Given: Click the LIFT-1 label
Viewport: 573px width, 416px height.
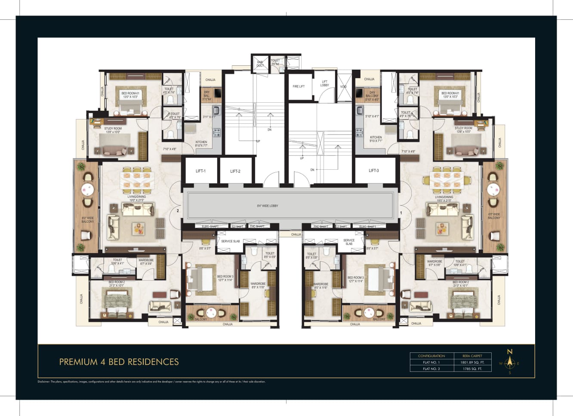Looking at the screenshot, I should [200, 171].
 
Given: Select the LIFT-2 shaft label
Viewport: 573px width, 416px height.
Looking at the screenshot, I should [235, 171].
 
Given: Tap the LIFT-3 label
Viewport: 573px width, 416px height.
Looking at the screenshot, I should [374, 171].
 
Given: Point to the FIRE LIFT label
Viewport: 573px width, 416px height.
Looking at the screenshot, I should [299, 86].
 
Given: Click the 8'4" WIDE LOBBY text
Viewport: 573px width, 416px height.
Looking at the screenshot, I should [268, 206].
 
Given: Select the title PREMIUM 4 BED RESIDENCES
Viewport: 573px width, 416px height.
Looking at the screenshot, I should [119, 362].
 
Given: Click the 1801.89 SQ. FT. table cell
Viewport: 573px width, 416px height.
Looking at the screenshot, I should [472, 362].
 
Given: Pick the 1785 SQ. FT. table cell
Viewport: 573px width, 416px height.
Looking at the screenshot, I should [472, 369].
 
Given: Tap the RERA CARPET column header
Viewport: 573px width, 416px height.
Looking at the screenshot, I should [472, 356].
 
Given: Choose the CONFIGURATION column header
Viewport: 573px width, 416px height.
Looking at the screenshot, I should [431, 356].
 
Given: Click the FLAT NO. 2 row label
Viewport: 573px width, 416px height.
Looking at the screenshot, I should [431, 369].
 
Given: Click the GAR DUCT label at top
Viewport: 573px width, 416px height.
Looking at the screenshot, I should [260, 64].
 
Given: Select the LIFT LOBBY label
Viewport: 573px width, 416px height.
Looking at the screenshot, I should [324, 83].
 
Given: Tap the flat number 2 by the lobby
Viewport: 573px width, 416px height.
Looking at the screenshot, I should [178, 211].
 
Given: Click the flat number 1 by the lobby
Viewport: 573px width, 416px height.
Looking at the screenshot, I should [401, 213].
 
